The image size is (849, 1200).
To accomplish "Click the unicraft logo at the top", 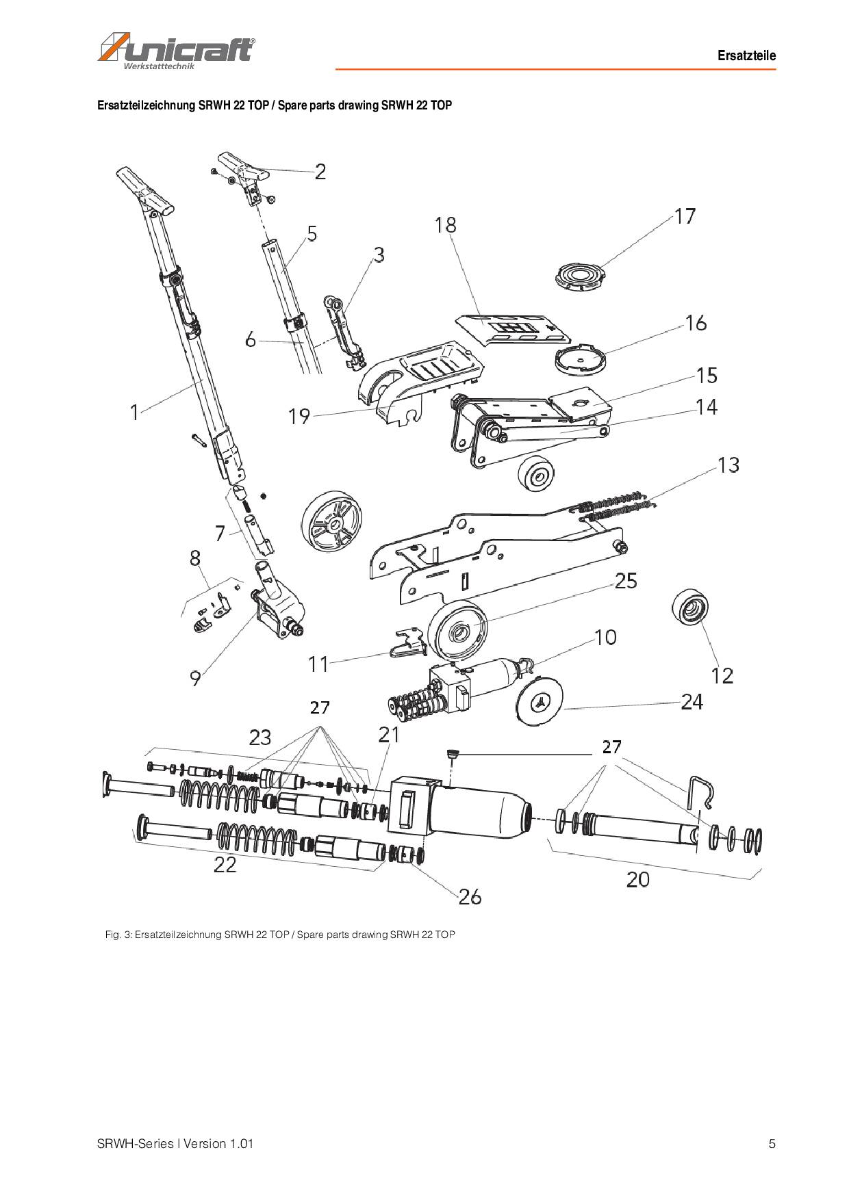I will point(177,51).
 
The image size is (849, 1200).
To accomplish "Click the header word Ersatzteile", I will point(746,55).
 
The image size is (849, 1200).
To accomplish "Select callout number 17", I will point(685,216).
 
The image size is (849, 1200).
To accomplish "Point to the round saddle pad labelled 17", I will point(580,278).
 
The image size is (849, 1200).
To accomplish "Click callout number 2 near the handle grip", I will point(320,172).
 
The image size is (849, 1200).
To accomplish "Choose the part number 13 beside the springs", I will point(728,465).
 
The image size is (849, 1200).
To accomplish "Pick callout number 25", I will point(626,581).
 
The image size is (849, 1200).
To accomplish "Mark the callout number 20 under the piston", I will point(637,879).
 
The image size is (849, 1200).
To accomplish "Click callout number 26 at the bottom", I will point(470,896).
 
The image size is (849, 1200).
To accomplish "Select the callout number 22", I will point(225,865).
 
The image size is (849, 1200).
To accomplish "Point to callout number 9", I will point(196,678).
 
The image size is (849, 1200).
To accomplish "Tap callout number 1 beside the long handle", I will point(135,412).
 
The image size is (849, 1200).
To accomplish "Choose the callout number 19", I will point(299,416).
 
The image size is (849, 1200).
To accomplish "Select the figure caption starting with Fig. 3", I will point(280,935).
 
